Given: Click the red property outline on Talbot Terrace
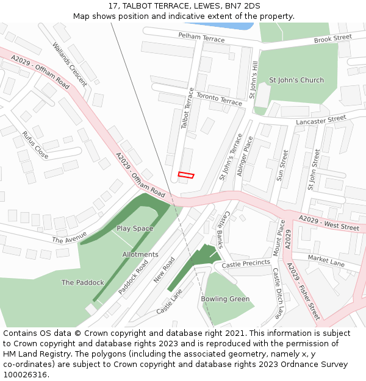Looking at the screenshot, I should (x=186, y=176).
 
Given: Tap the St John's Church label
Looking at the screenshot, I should (x=296, y=80).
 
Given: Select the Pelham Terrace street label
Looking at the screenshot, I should (x=201, y=38).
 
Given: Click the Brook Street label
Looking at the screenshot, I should (x=333, y=38).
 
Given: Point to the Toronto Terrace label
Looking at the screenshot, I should (x=218, y=99).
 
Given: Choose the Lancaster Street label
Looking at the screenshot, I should (x=321, y=120).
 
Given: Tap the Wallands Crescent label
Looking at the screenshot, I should (x=70, y=63).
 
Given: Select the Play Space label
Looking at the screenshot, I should (x=135, y=229).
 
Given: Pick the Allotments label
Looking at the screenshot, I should (x=140, y=255).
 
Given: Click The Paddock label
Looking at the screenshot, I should (x=83, y=283).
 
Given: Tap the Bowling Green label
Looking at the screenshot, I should (x=225, y=299).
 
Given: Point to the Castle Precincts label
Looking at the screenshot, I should (x=246, y=264).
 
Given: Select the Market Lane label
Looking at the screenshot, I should (x=326, y=261).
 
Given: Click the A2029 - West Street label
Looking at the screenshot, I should (x=329, y=223).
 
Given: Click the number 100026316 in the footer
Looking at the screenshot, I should (x=26, y=375).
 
